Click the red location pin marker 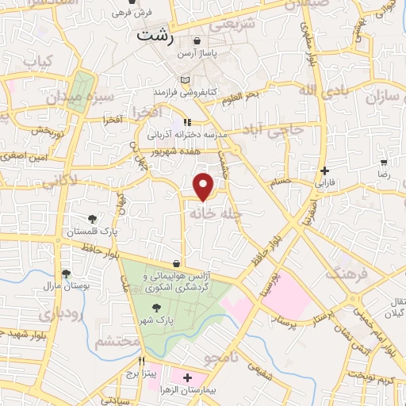coord(205,186)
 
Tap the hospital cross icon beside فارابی coord(325,170)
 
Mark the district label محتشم coord(117,342)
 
